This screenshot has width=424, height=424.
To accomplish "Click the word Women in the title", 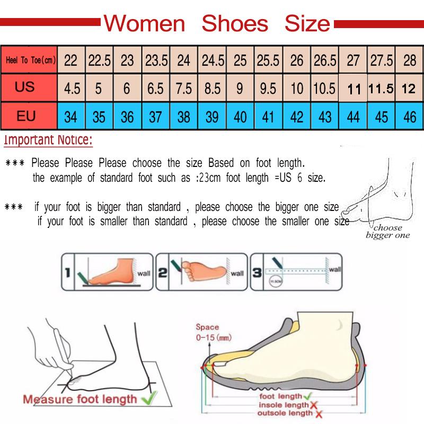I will [144, 24].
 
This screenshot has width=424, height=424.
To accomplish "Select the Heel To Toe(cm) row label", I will [30, 60].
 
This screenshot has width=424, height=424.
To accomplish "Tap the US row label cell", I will [25, 86].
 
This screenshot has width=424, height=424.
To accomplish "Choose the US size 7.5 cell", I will [183, 88].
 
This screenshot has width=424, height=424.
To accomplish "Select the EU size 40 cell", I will [240, 116].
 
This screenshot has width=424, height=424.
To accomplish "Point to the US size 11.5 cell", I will [381, 89].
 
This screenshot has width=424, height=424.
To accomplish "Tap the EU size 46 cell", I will [410, 116].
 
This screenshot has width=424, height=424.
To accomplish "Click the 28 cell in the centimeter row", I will [410, 60].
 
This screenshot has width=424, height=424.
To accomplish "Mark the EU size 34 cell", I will [70, 116].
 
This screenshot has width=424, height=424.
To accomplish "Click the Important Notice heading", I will [48, 140].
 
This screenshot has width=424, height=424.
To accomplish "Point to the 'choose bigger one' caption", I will [387, 232].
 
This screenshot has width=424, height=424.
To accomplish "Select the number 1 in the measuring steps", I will [67, 273].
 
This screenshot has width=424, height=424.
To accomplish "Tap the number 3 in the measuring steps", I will [257, 273].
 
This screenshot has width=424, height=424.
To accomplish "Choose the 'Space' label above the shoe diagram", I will [207, 327].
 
